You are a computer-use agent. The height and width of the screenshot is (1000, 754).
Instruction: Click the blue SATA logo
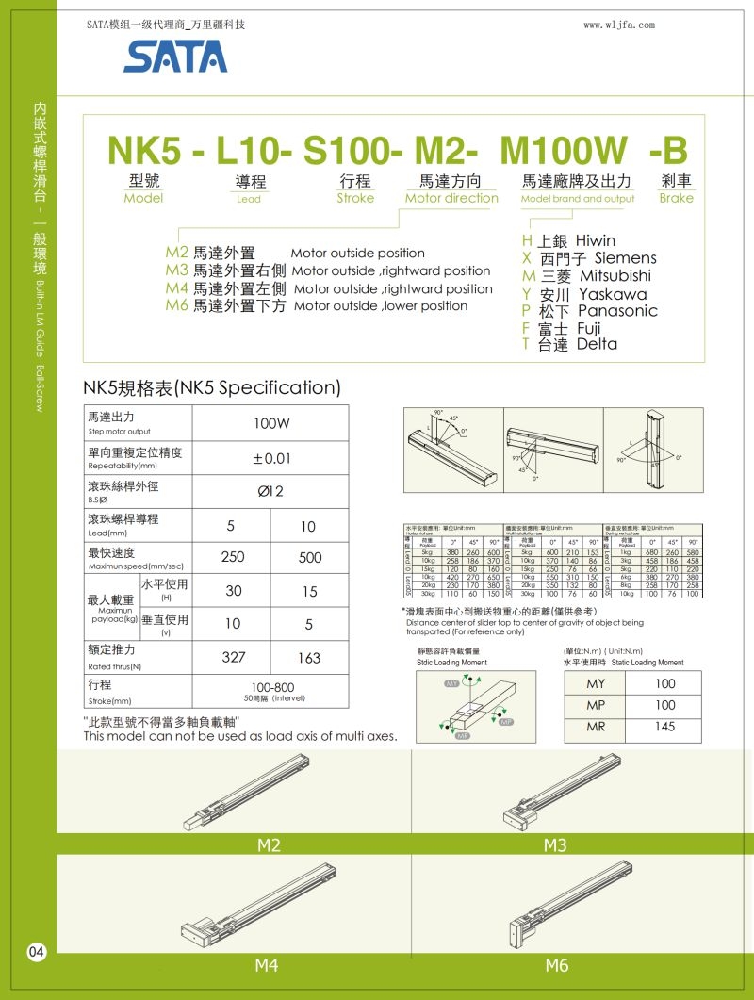pos(174,57)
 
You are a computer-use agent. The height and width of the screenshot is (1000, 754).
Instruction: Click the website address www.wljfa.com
pos(619,25)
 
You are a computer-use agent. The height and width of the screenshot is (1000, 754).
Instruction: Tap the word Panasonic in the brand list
pos(617,311)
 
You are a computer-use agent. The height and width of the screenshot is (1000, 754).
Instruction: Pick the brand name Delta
pos(597,345)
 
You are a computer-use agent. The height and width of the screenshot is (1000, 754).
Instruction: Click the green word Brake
pos(676,198)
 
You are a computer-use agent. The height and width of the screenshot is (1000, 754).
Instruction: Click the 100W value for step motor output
pos(270,423)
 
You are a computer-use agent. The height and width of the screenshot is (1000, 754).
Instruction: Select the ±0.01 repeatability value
pos(270,458)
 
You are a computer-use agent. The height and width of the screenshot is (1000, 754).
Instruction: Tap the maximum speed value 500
pos(308,557)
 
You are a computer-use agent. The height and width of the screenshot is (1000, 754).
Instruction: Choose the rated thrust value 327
pos(232,658)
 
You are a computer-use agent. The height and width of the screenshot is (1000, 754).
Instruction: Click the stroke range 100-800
pos(270,687)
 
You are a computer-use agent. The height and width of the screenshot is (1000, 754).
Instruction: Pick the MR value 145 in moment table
pos(665,727)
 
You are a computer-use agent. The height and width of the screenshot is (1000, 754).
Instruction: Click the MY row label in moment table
pos(596,683)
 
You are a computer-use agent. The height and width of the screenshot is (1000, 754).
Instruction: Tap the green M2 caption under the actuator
pos(270,845)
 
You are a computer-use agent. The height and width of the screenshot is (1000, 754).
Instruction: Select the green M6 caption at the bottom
pos(556,965)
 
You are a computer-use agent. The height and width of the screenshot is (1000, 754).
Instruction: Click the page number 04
pos(36,952)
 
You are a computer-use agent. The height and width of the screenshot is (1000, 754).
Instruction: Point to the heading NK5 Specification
pos(211,387)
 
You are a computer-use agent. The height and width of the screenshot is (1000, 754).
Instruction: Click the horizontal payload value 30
pos(232,592)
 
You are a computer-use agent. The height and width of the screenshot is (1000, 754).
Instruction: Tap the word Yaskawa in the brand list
pos(613,294)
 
